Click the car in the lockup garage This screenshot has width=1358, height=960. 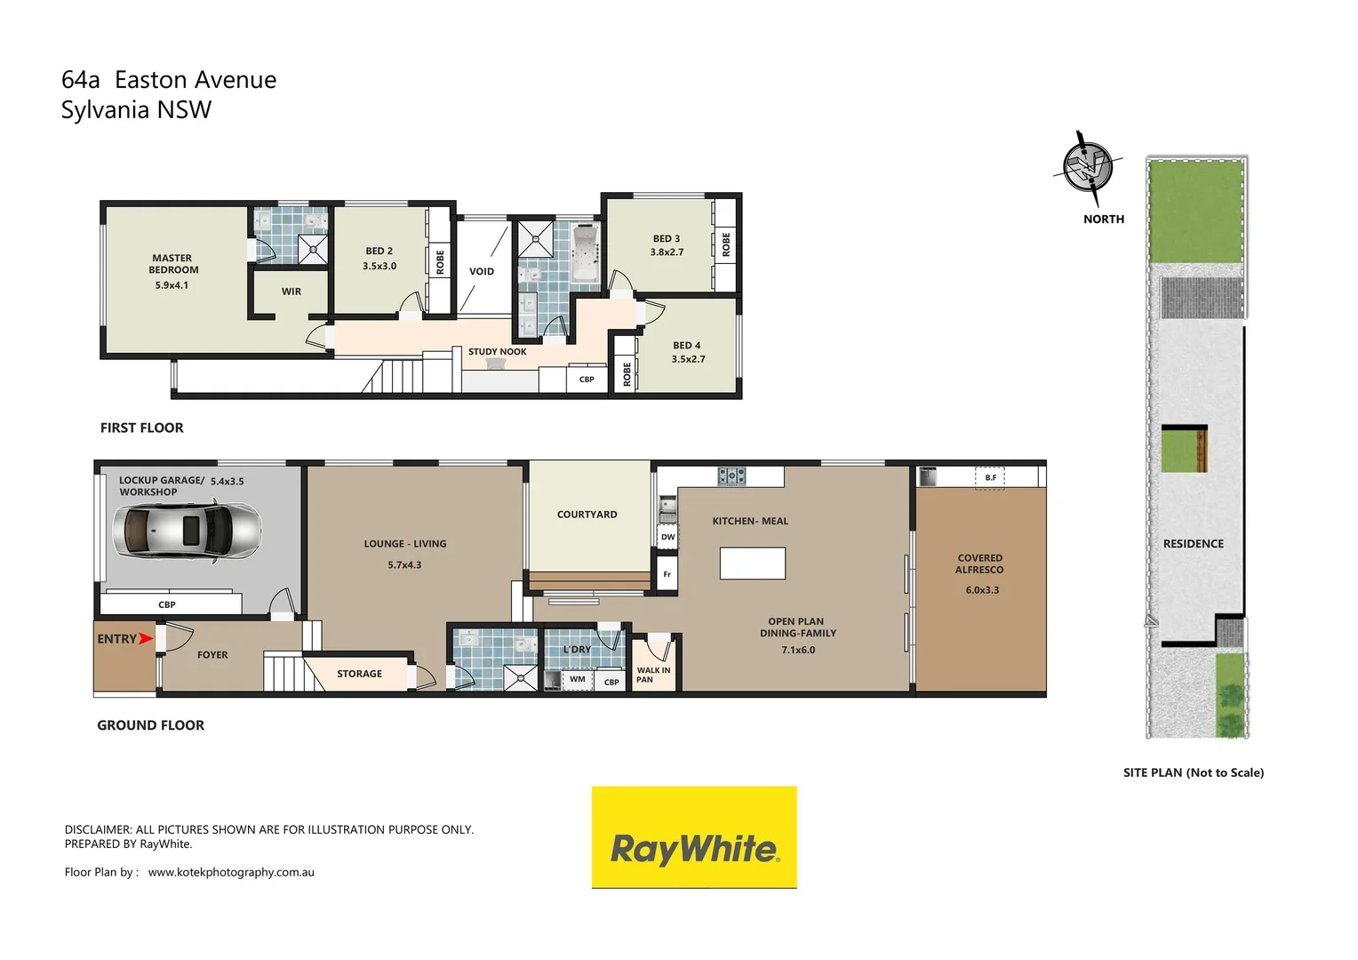pos(188,531)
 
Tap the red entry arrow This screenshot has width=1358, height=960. pos(147,638)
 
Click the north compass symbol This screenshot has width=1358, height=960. pos(1088,166)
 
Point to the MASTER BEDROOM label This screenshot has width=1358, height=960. pos(173,264)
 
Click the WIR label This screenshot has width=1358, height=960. pos(292,292)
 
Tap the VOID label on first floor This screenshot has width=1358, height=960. pos(482,272)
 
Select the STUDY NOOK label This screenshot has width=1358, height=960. pos(497,352)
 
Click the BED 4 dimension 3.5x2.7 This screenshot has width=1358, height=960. pos(688,359)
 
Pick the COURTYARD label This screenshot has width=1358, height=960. pos(587,515)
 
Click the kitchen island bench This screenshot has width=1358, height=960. pos(752,564)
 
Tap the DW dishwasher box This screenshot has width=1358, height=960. pos(667,537)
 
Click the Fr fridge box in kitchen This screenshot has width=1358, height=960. pos(667,574)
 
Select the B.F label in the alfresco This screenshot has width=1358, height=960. pos(990,478)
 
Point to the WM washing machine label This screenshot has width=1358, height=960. pos(578,679)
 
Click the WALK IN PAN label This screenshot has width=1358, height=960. pos(653,676)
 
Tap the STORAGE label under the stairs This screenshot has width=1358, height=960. pos(359,674)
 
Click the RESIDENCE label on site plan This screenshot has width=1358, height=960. pos(1193,544)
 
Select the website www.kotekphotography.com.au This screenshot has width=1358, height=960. pos(231,872)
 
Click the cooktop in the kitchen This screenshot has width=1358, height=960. pos(731,476)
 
